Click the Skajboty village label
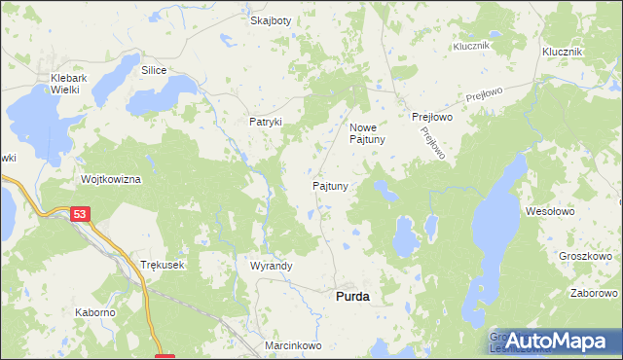click(271, 20)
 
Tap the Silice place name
click(154, 71)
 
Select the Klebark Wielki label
click(71, 83)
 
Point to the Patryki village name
click(265, 122)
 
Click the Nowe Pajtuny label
click(368, 133)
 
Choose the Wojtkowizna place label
click(112, 180)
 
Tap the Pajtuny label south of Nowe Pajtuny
click(330, 185)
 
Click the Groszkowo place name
click(585, 257)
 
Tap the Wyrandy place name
click(271, 266)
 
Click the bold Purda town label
click(351, 296)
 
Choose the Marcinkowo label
click(292, 345)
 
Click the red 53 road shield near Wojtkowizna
click(80, 213)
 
